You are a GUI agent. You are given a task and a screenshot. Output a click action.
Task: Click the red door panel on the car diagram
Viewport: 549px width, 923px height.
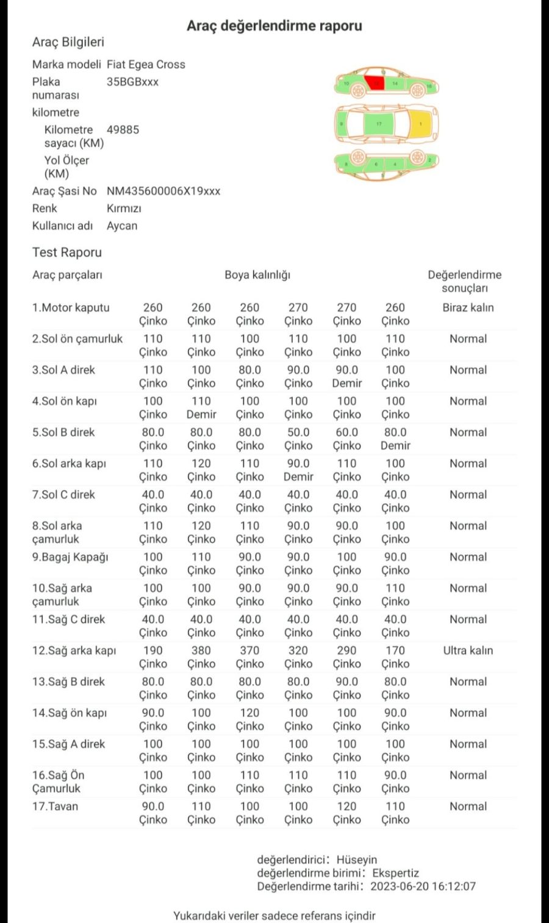[375, 83]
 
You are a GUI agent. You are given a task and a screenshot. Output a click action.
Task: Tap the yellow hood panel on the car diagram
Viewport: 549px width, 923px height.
[422, 124]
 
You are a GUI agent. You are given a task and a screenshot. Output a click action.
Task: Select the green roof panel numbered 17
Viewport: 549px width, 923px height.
[379, 124]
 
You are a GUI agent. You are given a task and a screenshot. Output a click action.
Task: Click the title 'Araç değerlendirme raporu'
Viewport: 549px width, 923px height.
[274, 26]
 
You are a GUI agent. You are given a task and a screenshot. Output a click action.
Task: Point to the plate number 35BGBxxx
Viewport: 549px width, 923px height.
[132, 82]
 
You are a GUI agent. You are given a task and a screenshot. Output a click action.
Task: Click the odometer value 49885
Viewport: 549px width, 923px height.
[123, 129]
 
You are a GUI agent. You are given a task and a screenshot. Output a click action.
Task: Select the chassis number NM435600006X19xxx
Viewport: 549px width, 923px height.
[163, 191]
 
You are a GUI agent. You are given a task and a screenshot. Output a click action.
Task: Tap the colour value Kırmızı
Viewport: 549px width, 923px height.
[124, 208]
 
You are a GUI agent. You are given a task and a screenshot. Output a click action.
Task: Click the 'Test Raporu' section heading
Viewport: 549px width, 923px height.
[67, 253]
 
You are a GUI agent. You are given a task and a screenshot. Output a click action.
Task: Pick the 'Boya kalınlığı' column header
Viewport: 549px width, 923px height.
[257, 275]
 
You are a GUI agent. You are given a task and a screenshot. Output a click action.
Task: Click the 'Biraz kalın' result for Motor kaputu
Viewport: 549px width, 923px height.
[468, 307]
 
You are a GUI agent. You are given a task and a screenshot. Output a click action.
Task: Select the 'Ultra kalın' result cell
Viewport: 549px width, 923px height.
[468, 650]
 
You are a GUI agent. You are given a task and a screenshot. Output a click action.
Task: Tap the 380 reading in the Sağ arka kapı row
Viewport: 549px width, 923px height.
[201, 650]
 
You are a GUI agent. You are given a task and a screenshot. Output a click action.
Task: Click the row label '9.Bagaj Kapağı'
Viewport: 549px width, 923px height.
[70, 557]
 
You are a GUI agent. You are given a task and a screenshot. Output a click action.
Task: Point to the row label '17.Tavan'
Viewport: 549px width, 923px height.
[55, 806]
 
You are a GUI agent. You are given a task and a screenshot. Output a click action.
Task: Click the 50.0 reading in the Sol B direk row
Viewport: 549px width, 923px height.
[298, 432]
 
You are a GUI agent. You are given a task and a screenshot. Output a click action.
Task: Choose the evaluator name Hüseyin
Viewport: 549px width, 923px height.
[357, 860]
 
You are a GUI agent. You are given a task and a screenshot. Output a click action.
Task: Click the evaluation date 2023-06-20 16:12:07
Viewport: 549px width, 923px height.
[423, 886]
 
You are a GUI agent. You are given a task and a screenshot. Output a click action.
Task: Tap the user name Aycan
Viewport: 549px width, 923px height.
[122, 226]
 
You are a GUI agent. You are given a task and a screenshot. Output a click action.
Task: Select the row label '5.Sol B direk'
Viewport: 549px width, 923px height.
[63, 432]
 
